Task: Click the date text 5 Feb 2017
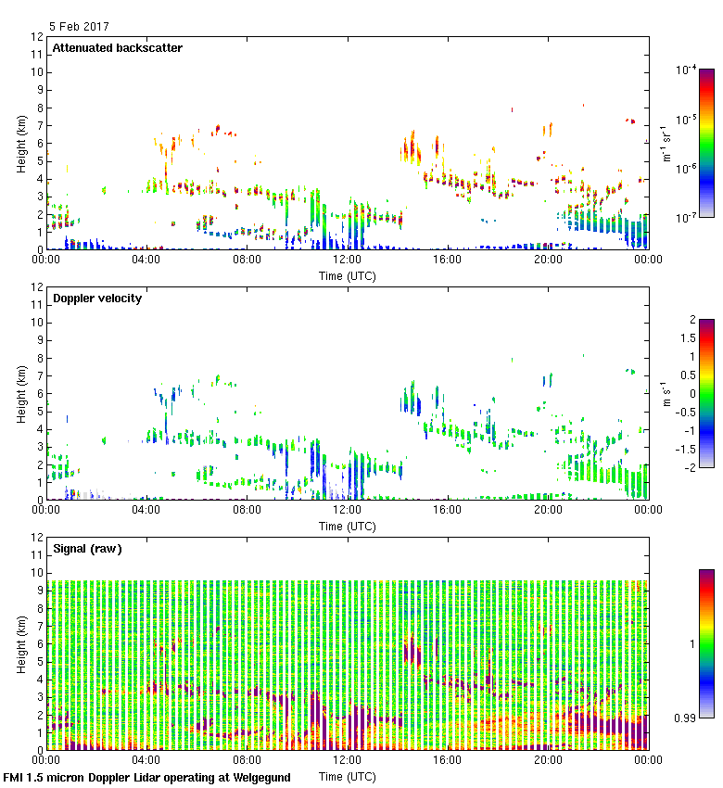click(x=80, y=27)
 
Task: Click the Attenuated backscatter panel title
click(x=117, y=48)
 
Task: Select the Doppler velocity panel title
click(x=96, y=299)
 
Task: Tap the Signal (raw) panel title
click(x=87, y=549)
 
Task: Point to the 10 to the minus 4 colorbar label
click(x=688, y=70)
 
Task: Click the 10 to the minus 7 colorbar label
click(x=688, y=217)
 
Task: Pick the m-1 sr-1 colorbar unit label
click(x=666, y=144)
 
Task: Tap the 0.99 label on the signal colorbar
click(x=685, y=718)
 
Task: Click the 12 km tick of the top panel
click(x=37, y=37)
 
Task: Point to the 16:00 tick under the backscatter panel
click(x=448, y=261)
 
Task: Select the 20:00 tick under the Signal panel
click(x=548, y=761)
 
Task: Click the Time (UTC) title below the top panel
click(x=347, y=275)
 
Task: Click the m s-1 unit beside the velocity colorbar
click(x=666, y=394)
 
